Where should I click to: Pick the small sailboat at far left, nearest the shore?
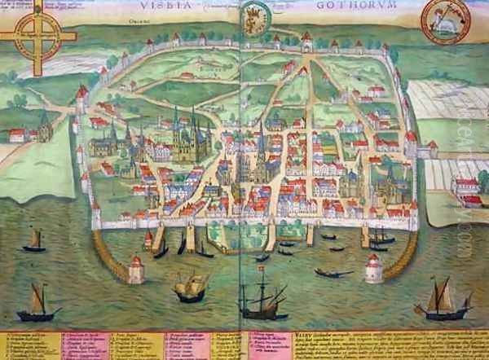click(x=35, y=240)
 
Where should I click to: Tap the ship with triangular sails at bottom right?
click(x=443, y=301)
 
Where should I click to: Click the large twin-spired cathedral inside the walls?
click(x=191, y=134)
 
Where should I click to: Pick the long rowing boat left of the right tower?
click(x=333, y=273)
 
